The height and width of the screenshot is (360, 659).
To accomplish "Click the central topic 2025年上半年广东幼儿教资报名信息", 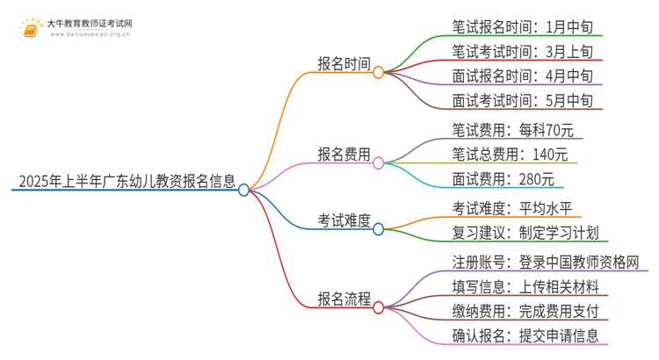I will [x=122, y=182].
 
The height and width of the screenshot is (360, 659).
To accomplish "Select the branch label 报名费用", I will [x=344, y=154].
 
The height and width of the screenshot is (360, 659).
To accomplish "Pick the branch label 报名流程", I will [x=344, y=298].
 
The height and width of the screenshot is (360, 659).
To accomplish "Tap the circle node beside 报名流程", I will [x=379, y=306].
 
